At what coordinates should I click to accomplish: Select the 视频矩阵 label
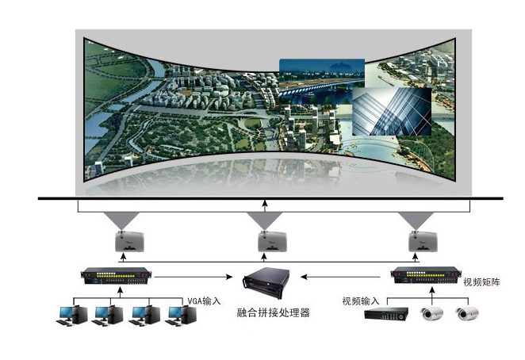[484, 281]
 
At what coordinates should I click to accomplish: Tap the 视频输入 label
[361, 301]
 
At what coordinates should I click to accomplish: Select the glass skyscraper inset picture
[392, 111]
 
